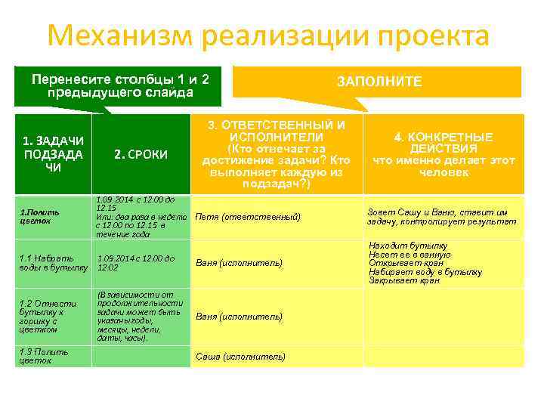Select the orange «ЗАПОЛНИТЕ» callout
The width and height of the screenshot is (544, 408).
point(379,81)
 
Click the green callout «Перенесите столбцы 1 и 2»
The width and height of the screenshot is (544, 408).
point(120,85)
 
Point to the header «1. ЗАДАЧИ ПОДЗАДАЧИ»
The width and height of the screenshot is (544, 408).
point(53,154)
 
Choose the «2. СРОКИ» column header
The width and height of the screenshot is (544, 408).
point(141,154)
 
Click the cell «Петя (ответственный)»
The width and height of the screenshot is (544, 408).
point(248,217)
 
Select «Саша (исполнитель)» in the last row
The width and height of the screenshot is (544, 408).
point(240,356)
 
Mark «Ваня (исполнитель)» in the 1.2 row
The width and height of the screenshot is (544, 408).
point(239,317)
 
